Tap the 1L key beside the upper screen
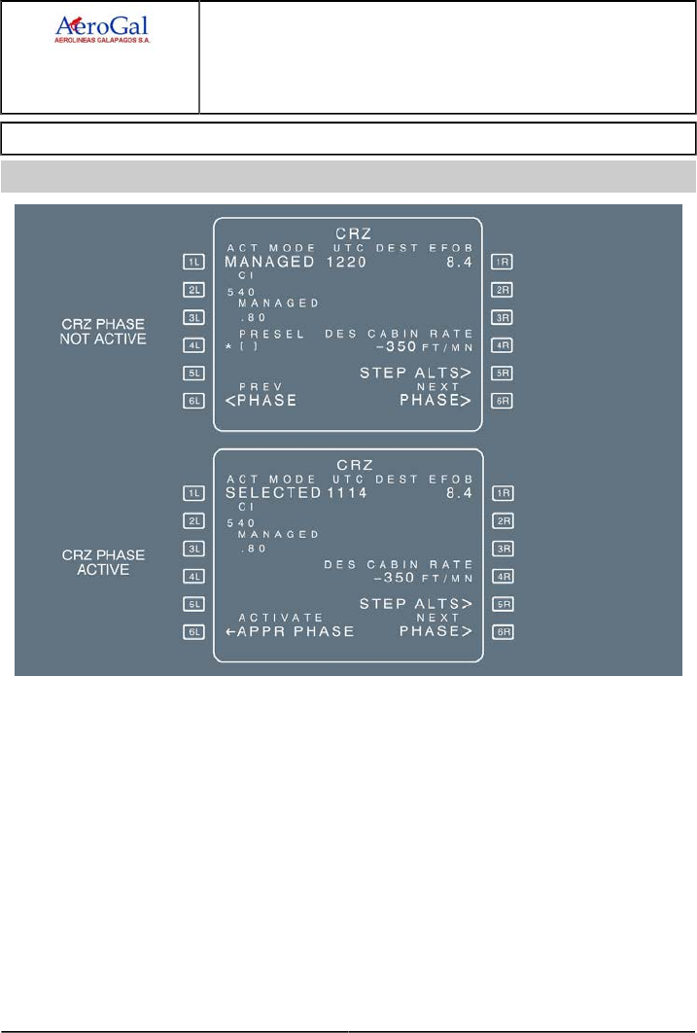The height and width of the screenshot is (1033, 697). coord(192,262)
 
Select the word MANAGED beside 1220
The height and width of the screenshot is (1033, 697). coord(269,263)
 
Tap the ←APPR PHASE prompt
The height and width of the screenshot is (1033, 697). coord(289,631)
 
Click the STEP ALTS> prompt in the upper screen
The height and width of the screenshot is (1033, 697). coord(416,373)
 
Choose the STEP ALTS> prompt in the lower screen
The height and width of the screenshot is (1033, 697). coord(416,604)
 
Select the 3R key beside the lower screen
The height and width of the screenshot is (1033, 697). coord(503,549)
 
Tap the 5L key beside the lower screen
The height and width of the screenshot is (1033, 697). coord(192,604)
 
